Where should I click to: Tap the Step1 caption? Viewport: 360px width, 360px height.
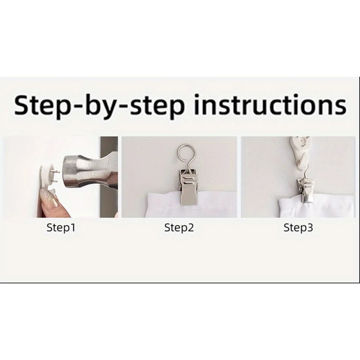[x=61, y=228]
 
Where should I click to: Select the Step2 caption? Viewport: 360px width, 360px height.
[x=179, y=228]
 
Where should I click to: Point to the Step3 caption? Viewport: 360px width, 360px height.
[x=298, y=228]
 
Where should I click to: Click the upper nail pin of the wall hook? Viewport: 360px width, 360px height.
[x=56, y=171]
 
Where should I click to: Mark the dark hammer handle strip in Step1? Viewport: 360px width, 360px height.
[x=109, y=177]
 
